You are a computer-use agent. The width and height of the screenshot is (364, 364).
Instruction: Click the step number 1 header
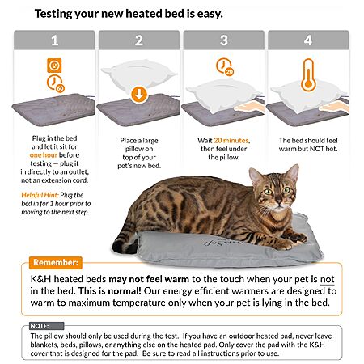click(x=54, y=40)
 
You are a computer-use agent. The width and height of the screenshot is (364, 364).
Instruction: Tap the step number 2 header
click(x=139, y=40)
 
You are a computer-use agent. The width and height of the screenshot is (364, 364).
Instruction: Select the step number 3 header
click(x=224, y=40)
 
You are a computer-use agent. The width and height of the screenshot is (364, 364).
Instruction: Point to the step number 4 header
click(x=308, y=40)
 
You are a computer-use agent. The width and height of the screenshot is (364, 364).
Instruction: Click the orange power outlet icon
click(x=54, y=66)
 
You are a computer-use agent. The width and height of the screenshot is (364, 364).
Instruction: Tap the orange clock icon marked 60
click(x=56, y=84)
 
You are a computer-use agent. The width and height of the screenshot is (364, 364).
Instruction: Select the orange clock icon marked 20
click(x=225, y=66)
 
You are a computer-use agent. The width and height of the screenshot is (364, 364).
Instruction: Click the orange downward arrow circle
click(x=139, y=95)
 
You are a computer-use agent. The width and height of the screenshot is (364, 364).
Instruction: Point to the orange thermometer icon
click(x=308, y=75)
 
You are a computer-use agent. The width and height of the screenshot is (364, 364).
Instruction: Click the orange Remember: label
click(x=56, y=262)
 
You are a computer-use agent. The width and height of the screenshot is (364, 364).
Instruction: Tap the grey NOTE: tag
click(x=47, y=326)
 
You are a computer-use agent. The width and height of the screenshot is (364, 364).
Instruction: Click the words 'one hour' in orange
click(x=44, y=155)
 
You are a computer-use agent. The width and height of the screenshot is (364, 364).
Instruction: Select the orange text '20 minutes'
click(x=231, y=141)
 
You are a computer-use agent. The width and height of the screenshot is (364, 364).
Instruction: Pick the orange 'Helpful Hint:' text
click(x=40, y=195)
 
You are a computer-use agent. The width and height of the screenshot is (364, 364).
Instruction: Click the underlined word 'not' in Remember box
click(x=328, y=279)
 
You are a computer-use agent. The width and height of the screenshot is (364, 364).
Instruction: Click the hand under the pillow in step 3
click(x=249, y=107)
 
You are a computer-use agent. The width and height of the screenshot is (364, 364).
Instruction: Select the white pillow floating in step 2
click(x=139, y=75)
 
